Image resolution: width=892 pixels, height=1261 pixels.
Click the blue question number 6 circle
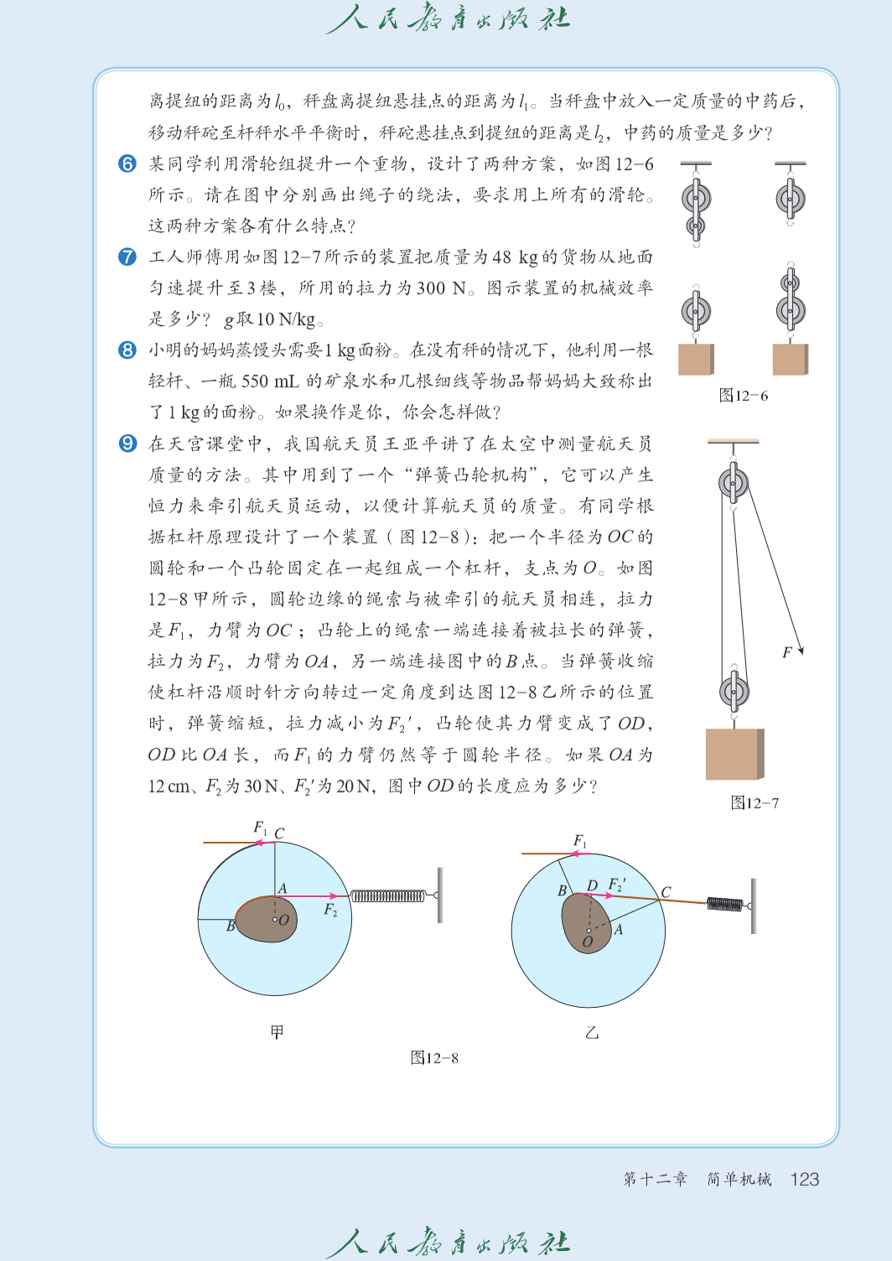coord(127,163)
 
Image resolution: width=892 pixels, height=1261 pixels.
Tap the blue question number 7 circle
coord(127,257)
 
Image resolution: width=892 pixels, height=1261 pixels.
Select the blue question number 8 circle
coord(127,350)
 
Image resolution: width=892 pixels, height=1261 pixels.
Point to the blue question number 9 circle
coord(127,444)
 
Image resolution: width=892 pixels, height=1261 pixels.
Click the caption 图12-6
coord(743,396)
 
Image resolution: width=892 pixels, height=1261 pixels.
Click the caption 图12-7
coord(755,802)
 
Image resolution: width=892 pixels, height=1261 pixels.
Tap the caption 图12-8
coord(434,1058)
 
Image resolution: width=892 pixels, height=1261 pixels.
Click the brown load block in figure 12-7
coord(735,755)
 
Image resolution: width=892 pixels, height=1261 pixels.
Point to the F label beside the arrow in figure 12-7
coord(787,652)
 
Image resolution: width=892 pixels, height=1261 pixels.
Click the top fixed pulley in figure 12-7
coord(734,482)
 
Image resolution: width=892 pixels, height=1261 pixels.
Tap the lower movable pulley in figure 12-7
coord(734,692)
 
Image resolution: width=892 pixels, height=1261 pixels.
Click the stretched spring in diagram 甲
coord(388,895)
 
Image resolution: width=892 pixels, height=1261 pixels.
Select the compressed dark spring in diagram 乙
coord(725,904)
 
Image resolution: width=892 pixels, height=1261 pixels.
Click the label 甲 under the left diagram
coord(277,1032)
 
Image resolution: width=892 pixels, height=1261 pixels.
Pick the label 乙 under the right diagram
coord(592,1032)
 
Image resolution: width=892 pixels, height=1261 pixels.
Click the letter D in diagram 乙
coord(592,885)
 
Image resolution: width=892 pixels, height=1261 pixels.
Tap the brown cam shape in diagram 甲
coord(267,919)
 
